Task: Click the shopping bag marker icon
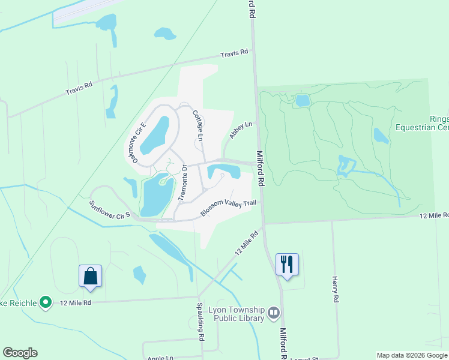point(90,275)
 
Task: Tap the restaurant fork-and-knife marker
point(287,264)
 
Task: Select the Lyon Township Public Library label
point(236,314)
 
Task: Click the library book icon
point(274,312)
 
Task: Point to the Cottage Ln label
point(197,125)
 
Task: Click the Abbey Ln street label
point(241,128)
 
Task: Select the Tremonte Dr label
point(185,182)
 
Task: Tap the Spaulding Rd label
point(200,322)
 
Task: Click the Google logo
point(20,353)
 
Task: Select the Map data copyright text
point(411,355)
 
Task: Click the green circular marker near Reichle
point(46,302)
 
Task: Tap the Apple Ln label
point(160,358)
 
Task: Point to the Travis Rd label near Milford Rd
point(234,53)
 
